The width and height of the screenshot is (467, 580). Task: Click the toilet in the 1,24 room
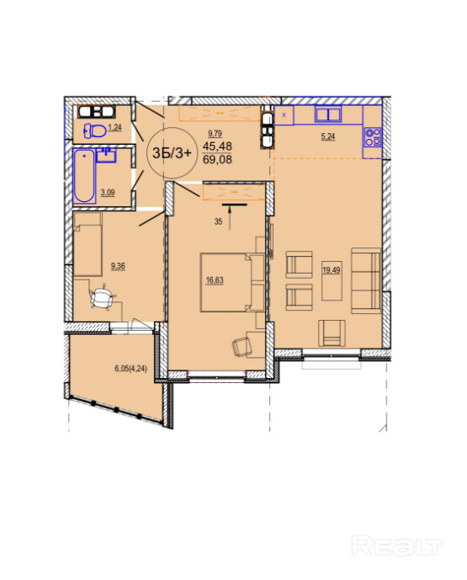click(94, 130)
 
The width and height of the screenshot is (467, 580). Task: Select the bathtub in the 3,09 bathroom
click(84, 176)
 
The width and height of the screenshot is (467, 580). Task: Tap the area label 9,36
click(118, 265)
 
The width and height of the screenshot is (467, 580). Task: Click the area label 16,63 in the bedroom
click(215, 280)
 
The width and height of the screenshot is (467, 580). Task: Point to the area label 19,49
click(332, 270)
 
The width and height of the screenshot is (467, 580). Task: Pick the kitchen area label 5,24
click(328, 136)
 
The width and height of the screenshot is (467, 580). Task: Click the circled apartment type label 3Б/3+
click(172, 152)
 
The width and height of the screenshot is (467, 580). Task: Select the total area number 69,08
click(217, 159)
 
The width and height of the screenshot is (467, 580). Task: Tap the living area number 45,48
click(217, 146)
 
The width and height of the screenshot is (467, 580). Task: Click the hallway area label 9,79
click(215, 133)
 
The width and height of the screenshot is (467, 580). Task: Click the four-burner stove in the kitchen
click(373, 137)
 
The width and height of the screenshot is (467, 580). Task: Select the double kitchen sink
click(328, 114)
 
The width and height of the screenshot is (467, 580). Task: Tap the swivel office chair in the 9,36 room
click(102, 297)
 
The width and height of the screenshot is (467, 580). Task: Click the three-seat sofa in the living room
click(366, 280)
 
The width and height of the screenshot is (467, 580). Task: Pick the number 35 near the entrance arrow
click(218, 221)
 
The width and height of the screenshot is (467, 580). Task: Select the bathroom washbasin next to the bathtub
click(106, 156)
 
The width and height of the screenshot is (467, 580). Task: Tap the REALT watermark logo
click(397, 545)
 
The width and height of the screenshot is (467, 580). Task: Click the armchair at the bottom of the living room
click(332, 333)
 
